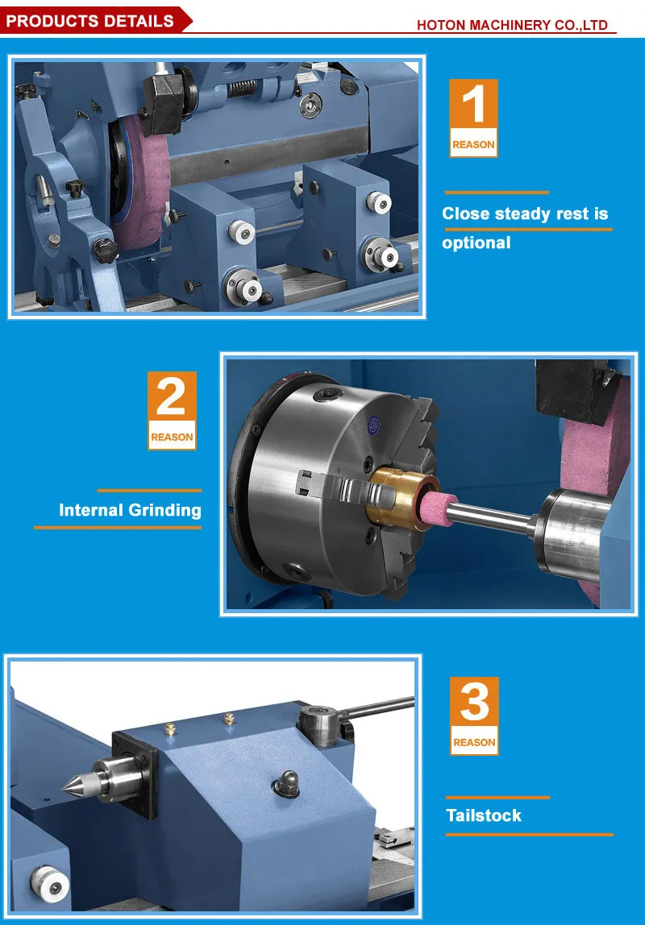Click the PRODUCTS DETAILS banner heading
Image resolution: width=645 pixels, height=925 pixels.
tap(89, 21)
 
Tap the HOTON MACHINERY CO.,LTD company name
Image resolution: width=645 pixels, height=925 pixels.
tap(511, 25)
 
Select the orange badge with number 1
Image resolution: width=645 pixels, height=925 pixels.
tap(473, 118)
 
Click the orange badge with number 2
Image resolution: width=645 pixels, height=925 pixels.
tap(172, 410)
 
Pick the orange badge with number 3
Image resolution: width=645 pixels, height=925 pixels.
tap(473, 716)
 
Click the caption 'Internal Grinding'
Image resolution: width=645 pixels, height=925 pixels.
tap(130, 510)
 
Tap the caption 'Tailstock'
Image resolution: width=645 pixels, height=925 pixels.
tap(484, 815)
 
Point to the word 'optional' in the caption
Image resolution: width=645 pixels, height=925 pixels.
tap(476, 243)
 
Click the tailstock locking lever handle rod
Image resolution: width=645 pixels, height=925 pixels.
tap(379, 708)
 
